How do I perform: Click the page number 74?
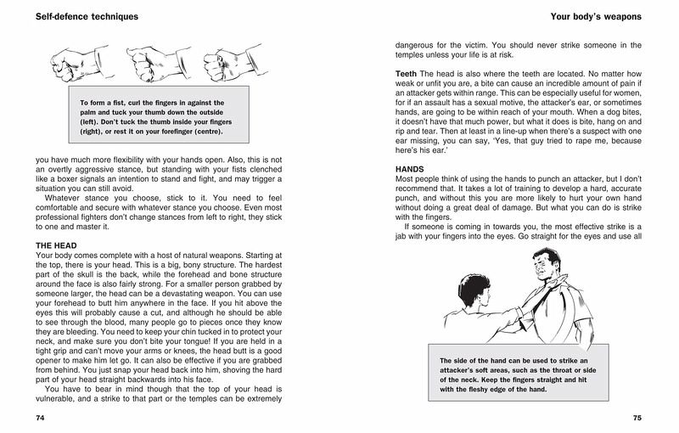(41, 418)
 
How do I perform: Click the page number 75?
(637, 418)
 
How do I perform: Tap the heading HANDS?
(410, 170)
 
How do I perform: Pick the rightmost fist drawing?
(231, 60)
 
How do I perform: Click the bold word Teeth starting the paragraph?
(406, 75)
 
